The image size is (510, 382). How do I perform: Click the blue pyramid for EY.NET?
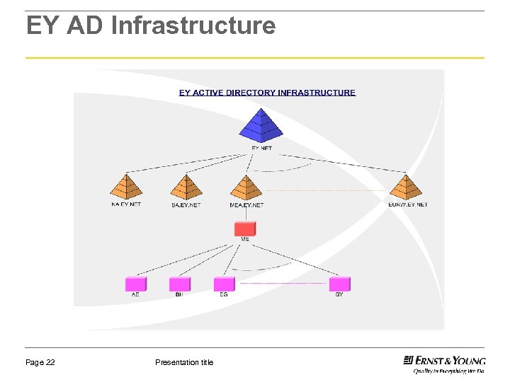[261, 126]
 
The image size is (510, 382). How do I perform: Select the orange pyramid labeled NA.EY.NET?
[126, 188]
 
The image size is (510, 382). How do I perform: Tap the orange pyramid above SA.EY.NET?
[186, 188]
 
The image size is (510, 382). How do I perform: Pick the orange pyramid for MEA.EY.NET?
[246, 188]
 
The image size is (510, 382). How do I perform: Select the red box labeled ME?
[245, 228]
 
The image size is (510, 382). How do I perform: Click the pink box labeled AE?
[135, 284]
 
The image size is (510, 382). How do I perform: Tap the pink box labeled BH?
[179, 284]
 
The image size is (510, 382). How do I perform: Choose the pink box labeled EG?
[224, 284]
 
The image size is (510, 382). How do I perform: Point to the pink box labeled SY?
[339, 284]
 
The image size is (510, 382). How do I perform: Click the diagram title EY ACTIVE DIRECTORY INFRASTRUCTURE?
[267, 93]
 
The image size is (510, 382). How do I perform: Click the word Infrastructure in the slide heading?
[193, 26]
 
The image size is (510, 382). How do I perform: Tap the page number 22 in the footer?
[50, 362]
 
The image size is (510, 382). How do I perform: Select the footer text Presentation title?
[183, 362]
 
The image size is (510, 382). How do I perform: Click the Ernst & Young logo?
[444, 362]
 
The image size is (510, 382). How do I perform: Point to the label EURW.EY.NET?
[407, 204]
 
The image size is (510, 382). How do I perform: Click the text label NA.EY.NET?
[126, 204]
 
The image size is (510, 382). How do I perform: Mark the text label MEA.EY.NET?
[246, 205]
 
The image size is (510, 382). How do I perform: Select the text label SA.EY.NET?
[186, 205]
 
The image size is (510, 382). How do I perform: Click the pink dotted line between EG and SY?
[283, 284]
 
